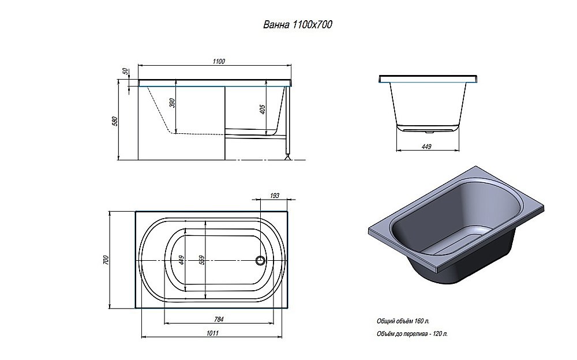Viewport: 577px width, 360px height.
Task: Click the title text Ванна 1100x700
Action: click(297, 25)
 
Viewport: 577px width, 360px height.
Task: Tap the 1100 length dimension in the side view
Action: click(218, 61)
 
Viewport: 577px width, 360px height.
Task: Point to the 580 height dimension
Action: click(114, 122)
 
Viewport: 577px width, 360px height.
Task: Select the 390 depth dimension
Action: click(172, 103)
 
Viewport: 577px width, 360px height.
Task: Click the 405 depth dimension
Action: click(263, 109)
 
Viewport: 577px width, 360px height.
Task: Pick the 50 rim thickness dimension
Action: click(125, 72)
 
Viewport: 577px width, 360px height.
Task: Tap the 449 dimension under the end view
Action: click(426, 147)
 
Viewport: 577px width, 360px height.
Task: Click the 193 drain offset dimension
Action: click(275, 196)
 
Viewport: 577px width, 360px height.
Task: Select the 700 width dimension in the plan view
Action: click(106, 260)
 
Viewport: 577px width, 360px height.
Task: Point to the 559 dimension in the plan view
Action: click(201, 260)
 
